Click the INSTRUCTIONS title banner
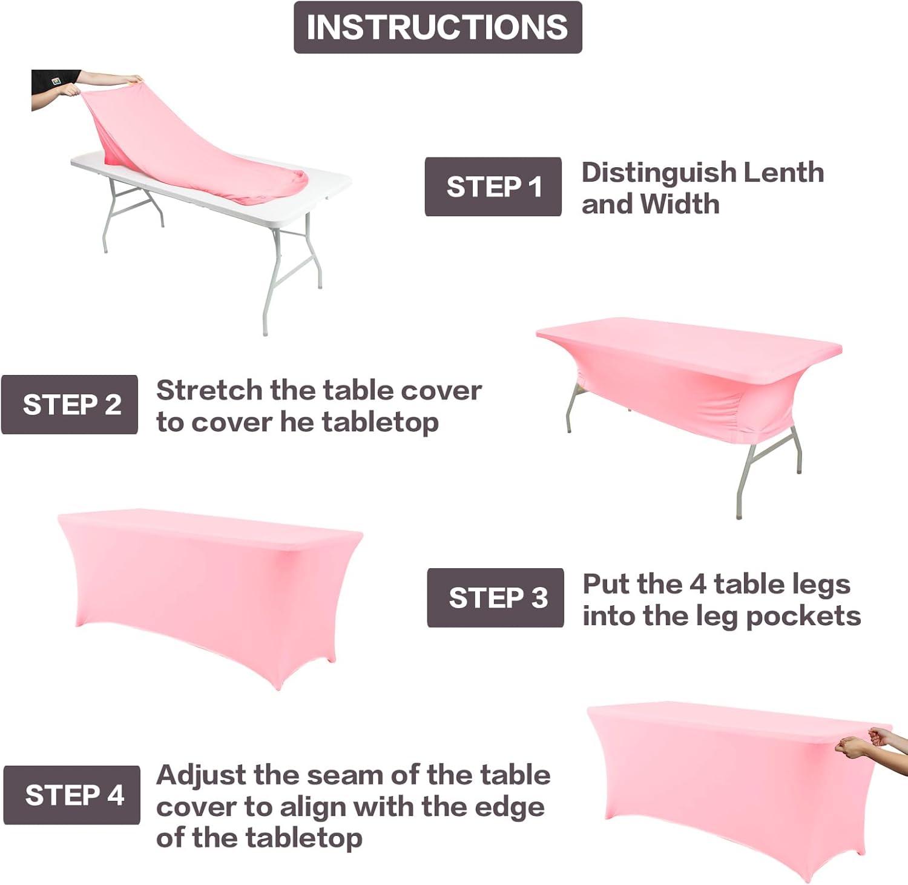tap(438, 27)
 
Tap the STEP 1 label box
tap(493, 187)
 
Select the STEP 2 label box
tap(70, 405)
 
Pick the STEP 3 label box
tap(496, 598)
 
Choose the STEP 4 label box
tap(72, 795)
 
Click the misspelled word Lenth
tap(783, 173)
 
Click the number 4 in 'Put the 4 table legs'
tap(698, 585)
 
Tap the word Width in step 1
tap(680, 204)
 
